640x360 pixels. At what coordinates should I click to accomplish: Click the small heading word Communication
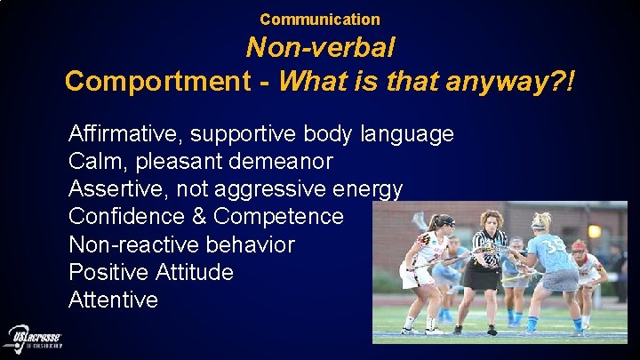(320, 19)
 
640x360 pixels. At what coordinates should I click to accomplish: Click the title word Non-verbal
(320, 47)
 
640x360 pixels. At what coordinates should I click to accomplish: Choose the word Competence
(278, 217)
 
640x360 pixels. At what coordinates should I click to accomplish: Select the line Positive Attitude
(151, 272)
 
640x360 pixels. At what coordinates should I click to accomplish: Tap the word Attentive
(113, 300)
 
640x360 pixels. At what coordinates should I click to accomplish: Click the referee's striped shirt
(488, 248)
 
